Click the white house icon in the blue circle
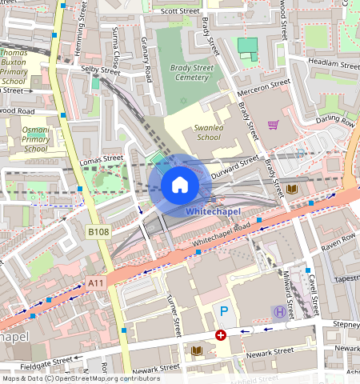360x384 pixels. pos(180,186)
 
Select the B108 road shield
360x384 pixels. pos(98,232)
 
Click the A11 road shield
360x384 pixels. pos(96,282)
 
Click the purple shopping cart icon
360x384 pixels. pos(274,125)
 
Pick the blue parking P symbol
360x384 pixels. pos(224,310)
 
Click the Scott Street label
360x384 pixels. pos(179,12)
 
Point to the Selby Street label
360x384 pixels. pos(100,71)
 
